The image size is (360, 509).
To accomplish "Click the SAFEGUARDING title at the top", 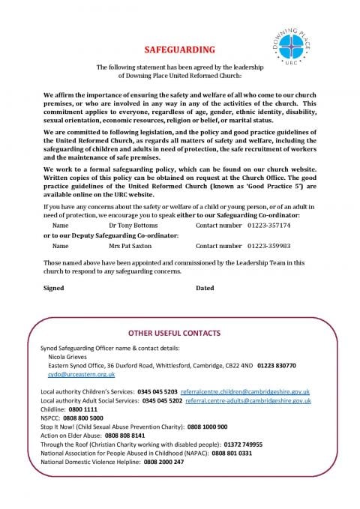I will pyautogui.click(x=179, y=49).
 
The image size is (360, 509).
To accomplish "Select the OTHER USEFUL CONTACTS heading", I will pyautogui.click(x=179, y=331).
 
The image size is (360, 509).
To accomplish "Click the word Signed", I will pyautogui.click(x=54, y=288).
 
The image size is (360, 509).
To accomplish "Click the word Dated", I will pyautogui.click(x=205, y=288).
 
